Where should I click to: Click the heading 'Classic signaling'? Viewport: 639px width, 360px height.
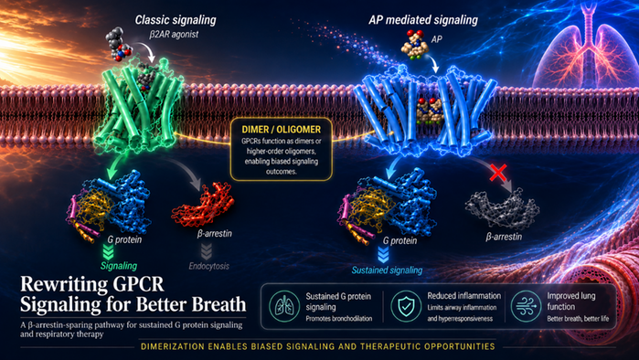click(x=176, y=20)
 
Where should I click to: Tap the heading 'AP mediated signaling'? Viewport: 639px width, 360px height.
click(x=423, y=20)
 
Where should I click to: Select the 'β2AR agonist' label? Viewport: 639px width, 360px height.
click(x=174, y=34)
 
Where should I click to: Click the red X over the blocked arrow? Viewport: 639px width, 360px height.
click(x=498, y=173)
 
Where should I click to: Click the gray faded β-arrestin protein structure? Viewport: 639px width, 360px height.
click(x=502, y=209)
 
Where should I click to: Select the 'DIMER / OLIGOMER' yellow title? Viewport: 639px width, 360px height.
click(x=282, y=130)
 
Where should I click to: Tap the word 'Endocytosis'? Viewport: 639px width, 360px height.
click(x=209, y=266)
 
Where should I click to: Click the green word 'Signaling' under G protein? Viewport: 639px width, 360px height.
click(x=119, y=266)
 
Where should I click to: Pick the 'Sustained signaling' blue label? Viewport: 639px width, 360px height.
click(x=387, y=270)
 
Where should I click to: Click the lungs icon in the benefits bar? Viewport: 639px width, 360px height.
click(x=284, y=306)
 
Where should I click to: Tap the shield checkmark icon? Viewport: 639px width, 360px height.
click(x=406, y=306)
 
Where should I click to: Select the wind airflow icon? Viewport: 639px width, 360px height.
click(x=527, y=306)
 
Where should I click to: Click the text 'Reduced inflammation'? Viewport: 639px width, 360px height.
click(x=463, y=296)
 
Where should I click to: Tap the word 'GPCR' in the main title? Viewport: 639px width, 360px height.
click(x=133, y=284)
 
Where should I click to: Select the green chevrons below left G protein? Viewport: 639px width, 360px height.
click(x=108, y=252)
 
